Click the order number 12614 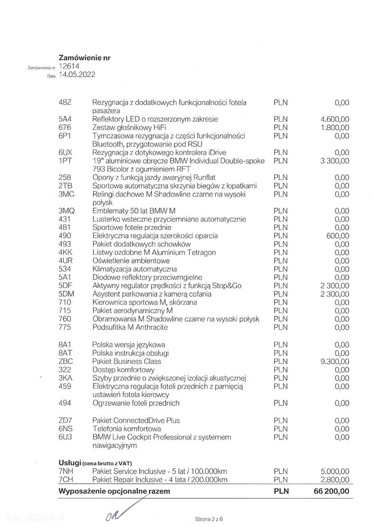pos(70,66)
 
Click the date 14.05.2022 pos(79,75)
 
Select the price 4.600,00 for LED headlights pos(334,119)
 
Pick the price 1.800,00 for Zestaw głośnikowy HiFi pos(334,127)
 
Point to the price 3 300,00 pos(334,159)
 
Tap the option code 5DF pos(66,285)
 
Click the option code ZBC pos(66,361)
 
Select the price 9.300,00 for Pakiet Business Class pos(334,361)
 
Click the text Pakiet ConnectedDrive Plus pos(136,420)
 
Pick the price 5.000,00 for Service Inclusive pos(334,471)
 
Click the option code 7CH pos(66,479)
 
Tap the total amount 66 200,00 pos(330,491)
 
